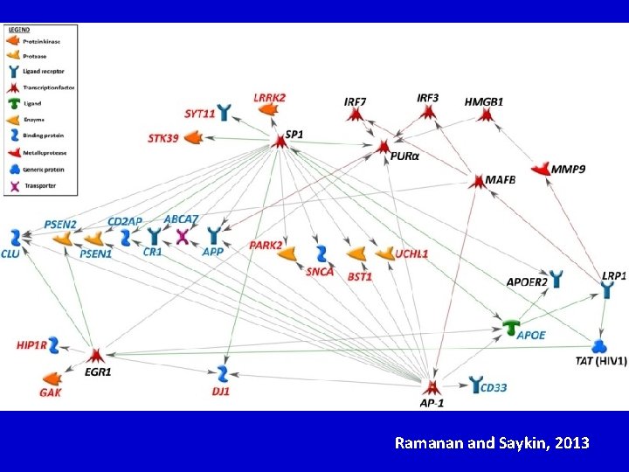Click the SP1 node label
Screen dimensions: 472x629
tap(294, 135)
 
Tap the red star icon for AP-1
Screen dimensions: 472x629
tap(431, 385)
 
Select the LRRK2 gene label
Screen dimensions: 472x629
tap(270, 97)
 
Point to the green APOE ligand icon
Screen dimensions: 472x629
tap(514, 326)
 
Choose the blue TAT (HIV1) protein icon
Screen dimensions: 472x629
tap(599, 346)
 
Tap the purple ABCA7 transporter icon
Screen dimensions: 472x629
tap(183, 236)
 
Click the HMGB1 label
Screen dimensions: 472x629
tap(484, 102)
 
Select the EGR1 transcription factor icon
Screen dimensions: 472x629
tap(96, 354)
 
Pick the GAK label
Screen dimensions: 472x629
tap(51, 392)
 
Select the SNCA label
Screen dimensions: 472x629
tap(320, 272)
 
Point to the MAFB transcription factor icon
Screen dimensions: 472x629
tap(476, 181)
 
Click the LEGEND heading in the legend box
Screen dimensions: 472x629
tap(19, 29)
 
